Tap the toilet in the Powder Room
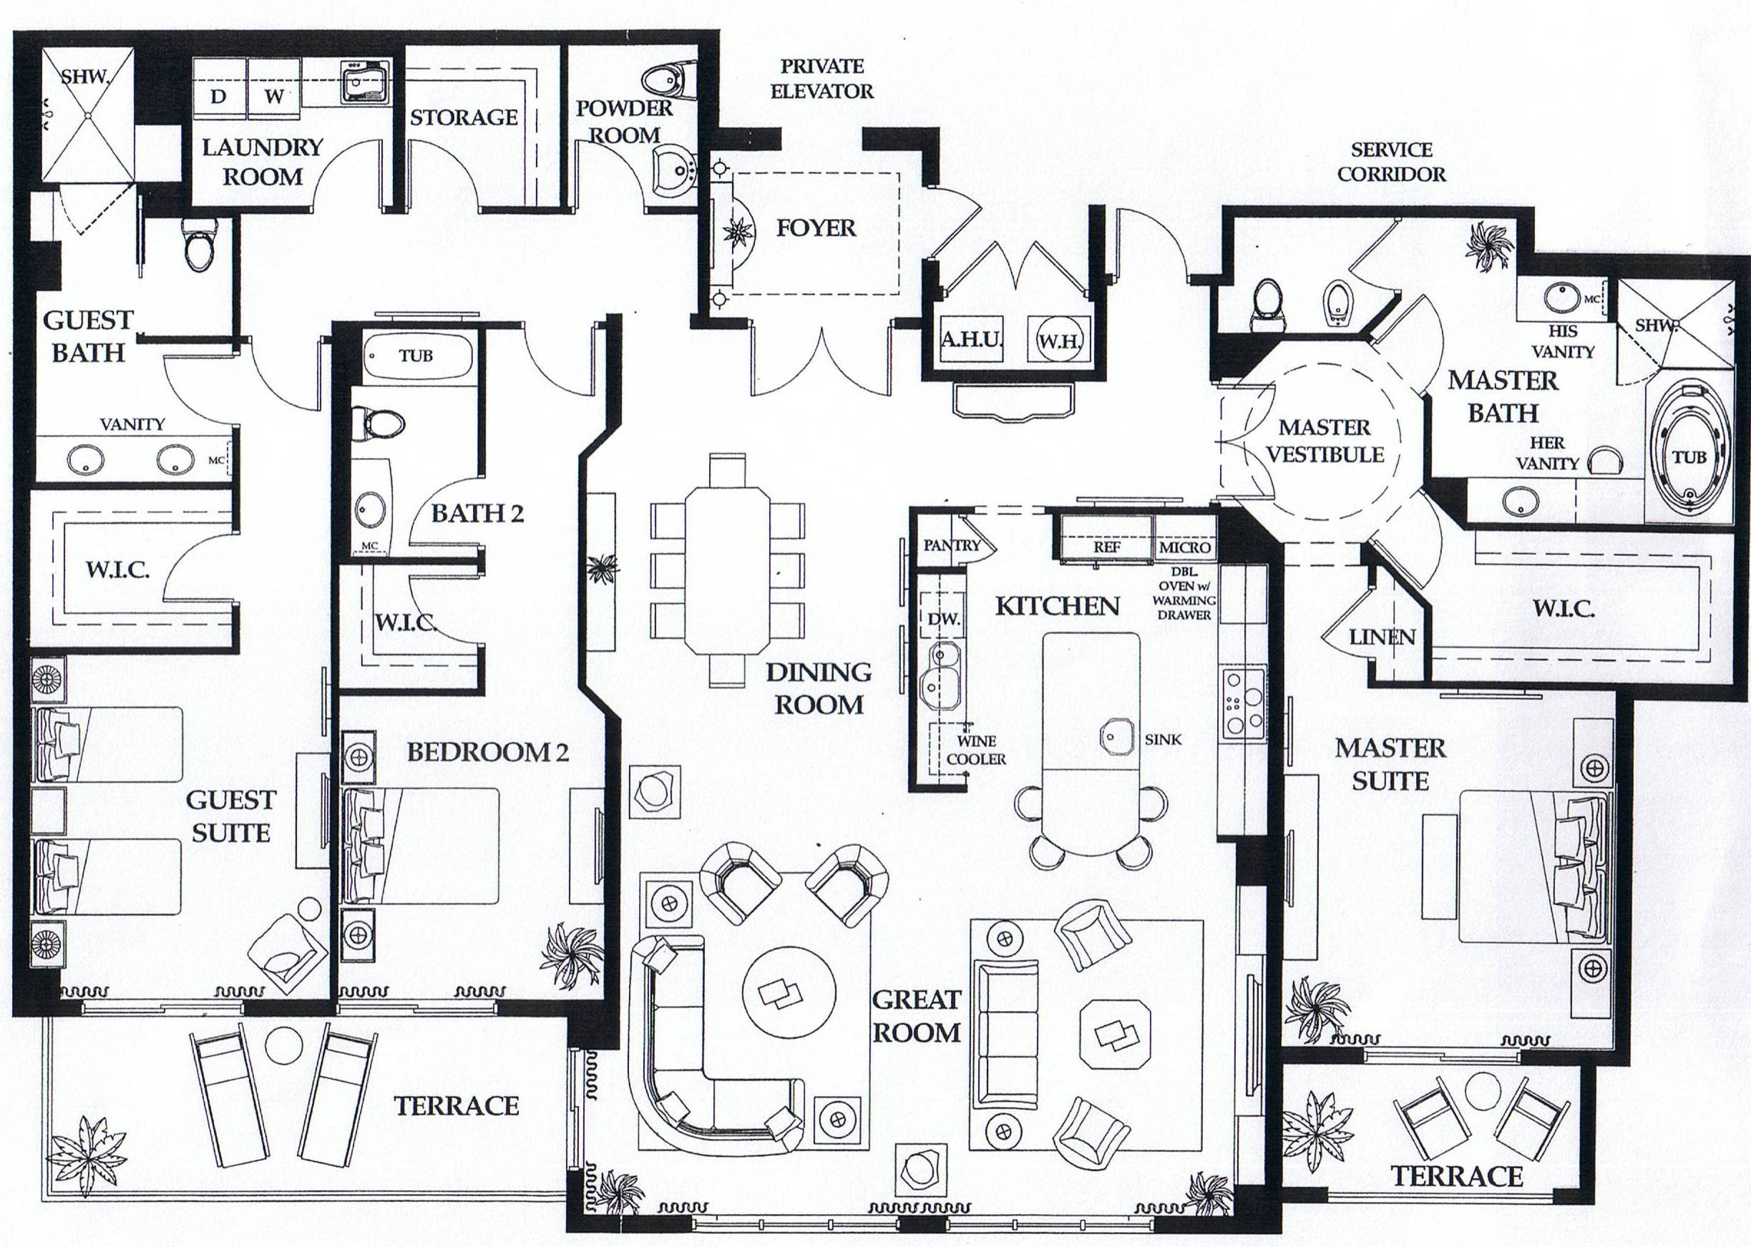pos(664,79)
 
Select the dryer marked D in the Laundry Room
pos(219,97)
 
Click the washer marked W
pos(274,97)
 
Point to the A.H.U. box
pos(972,338)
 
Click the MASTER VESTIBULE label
pos(1325,441)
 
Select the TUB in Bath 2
pos(416,356)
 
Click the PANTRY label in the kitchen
pos(952,545)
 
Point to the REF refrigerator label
pos(1107,547)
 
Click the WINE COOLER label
pos(976,750)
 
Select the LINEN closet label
pos(1382,637)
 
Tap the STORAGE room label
pos(463,117)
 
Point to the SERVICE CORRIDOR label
pos(1391,161)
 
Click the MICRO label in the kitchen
pos(1184,547)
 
